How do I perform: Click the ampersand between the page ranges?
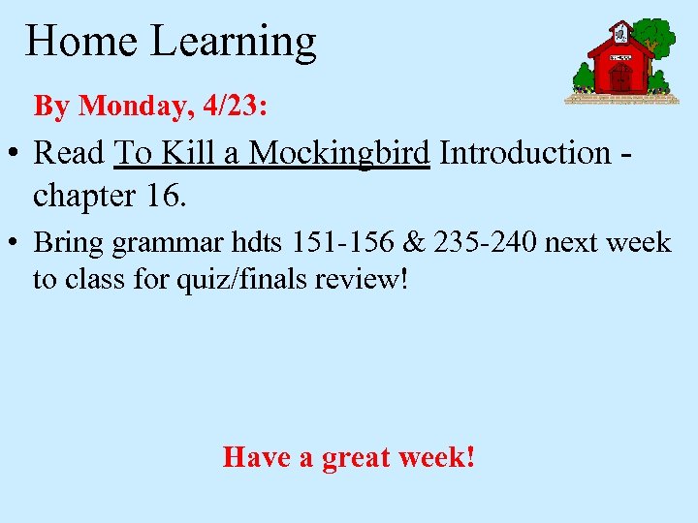coord(414,241)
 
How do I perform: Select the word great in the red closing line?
coord(364,456)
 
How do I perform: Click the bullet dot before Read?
coord(16,154)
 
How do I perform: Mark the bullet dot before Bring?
coord(16,242)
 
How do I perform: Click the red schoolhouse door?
coord(620,77)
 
